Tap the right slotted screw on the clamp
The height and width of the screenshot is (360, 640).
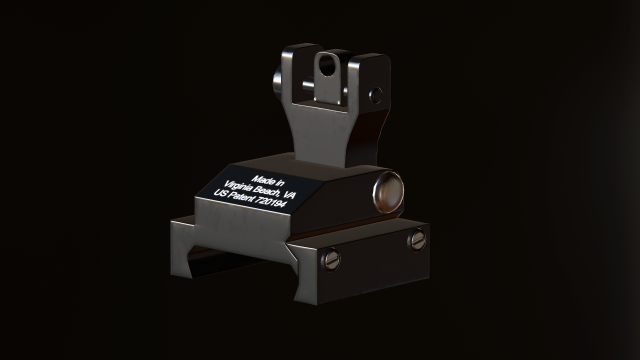(x=417, y=240)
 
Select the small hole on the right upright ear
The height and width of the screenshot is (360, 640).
(x=376, y=95)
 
